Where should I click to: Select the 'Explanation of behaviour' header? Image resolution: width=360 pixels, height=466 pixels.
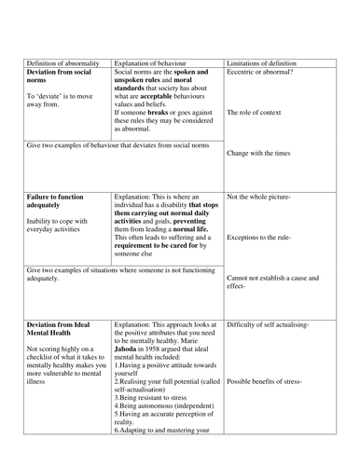[153, 62]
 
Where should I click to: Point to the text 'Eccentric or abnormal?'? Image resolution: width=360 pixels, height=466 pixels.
[265, 72]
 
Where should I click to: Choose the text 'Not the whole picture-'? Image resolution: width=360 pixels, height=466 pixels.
[259, 198]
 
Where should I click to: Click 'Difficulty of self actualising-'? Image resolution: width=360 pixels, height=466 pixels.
[274, 324]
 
